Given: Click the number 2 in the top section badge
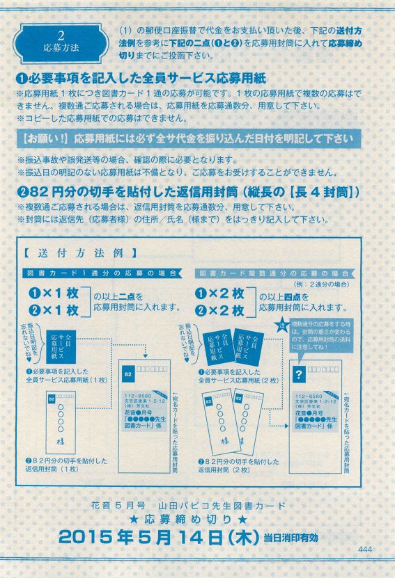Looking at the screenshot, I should (x=61, y=35).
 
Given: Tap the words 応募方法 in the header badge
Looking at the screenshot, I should (x=61, y=49).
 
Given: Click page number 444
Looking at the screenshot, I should (x=367, y=549).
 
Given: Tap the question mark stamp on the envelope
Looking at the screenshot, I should (x=300, y=375).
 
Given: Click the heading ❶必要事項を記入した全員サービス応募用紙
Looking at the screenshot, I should (x=141, y=79).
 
